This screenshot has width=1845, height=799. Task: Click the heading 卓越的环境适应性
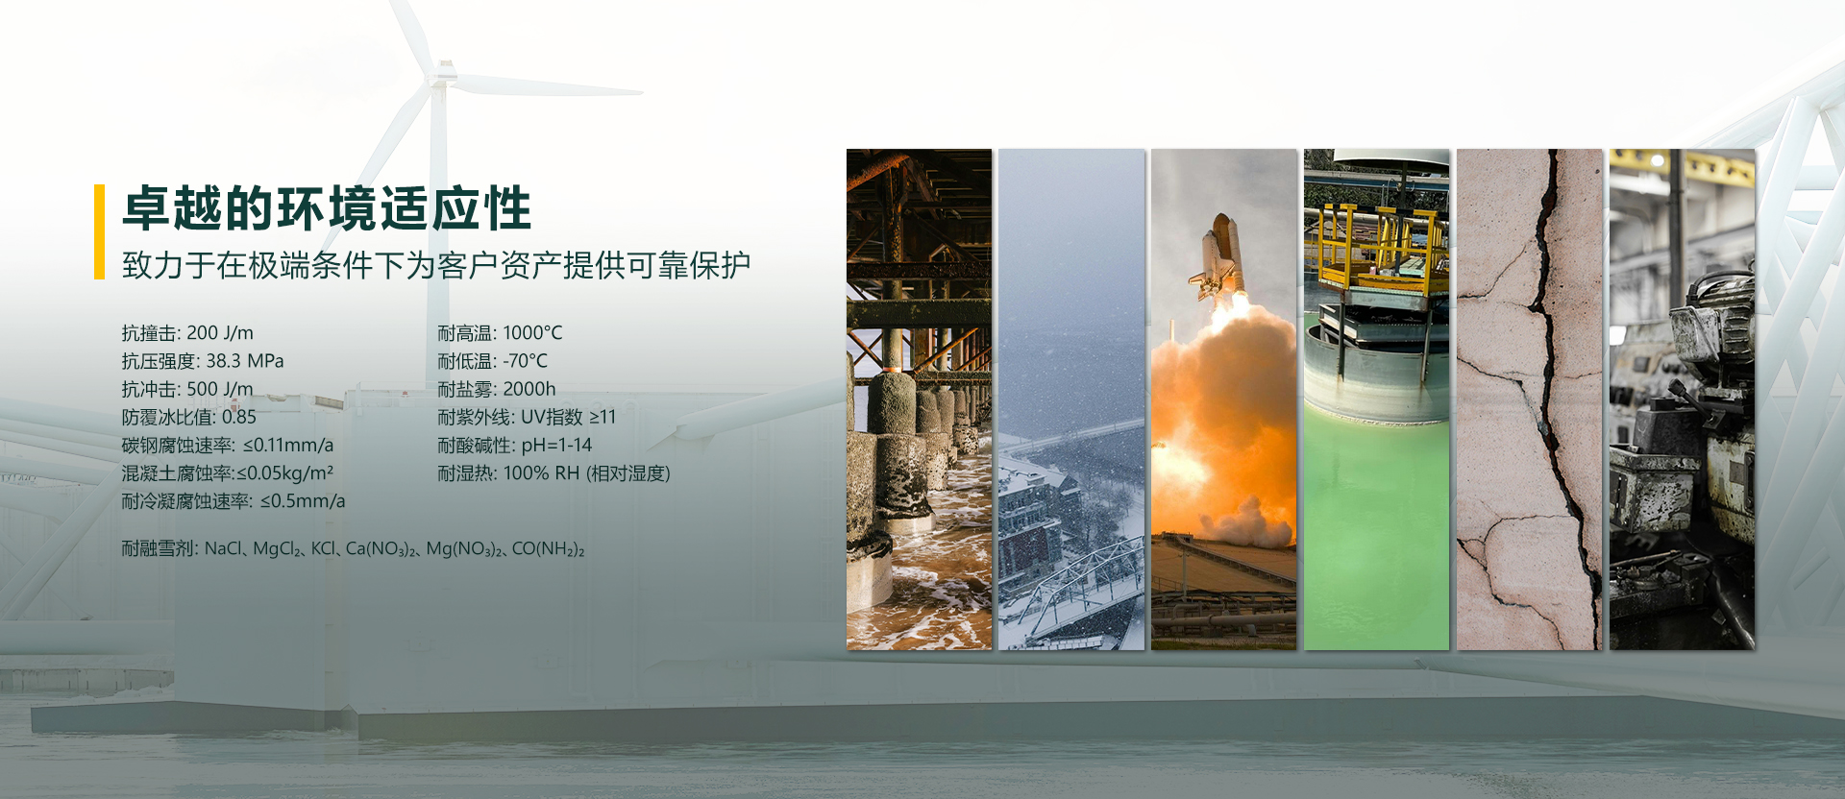click(x=327, y=209)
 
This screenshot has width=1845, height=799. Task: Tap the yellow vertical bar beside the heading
click(x=99, y=231)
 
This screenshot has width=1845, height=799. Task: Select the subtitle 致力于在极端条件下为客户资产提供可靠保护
click(x=436, y=265)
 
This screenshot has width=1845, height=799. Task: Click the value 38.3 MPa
click(x=245, y=361)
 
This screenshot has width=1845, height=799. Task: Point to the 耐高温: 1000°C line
click(x=500, y=333)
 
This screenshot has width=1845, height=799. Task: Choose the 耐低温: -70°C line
click(x=492, y=361)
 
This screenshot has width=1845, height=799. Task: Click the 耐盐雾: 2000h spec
click(x=496, y=389)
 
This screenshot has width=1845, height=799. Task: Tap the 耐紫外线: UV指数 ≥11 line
click(x=526, y=417)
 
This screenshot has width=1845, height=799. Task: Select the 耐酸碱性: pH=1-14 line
click(x=514, y=445)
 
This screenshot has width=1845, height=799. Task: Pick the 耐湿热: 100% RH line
click(x=553, y=472)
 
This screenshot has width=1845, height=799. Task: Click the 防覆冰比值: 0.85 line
click(x=188, y=417)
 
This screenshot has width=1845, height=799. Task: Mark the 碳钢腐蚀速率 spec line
click(x=227, y=445)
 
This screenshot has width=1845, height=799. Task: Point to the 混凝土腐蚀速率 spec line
click(x=227, y=472)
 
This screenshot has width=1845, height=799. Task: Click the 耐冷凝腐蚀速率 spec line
click(x=233, y=500)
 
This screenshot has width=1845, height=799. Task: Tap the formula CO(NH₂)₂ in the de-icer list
click(x=548, y=548)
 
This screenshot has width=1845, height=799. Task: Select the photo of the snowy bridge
click(x=1071, y=399)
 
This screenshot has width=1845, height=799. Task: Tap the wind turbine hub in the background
click(x=443, y=73)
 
